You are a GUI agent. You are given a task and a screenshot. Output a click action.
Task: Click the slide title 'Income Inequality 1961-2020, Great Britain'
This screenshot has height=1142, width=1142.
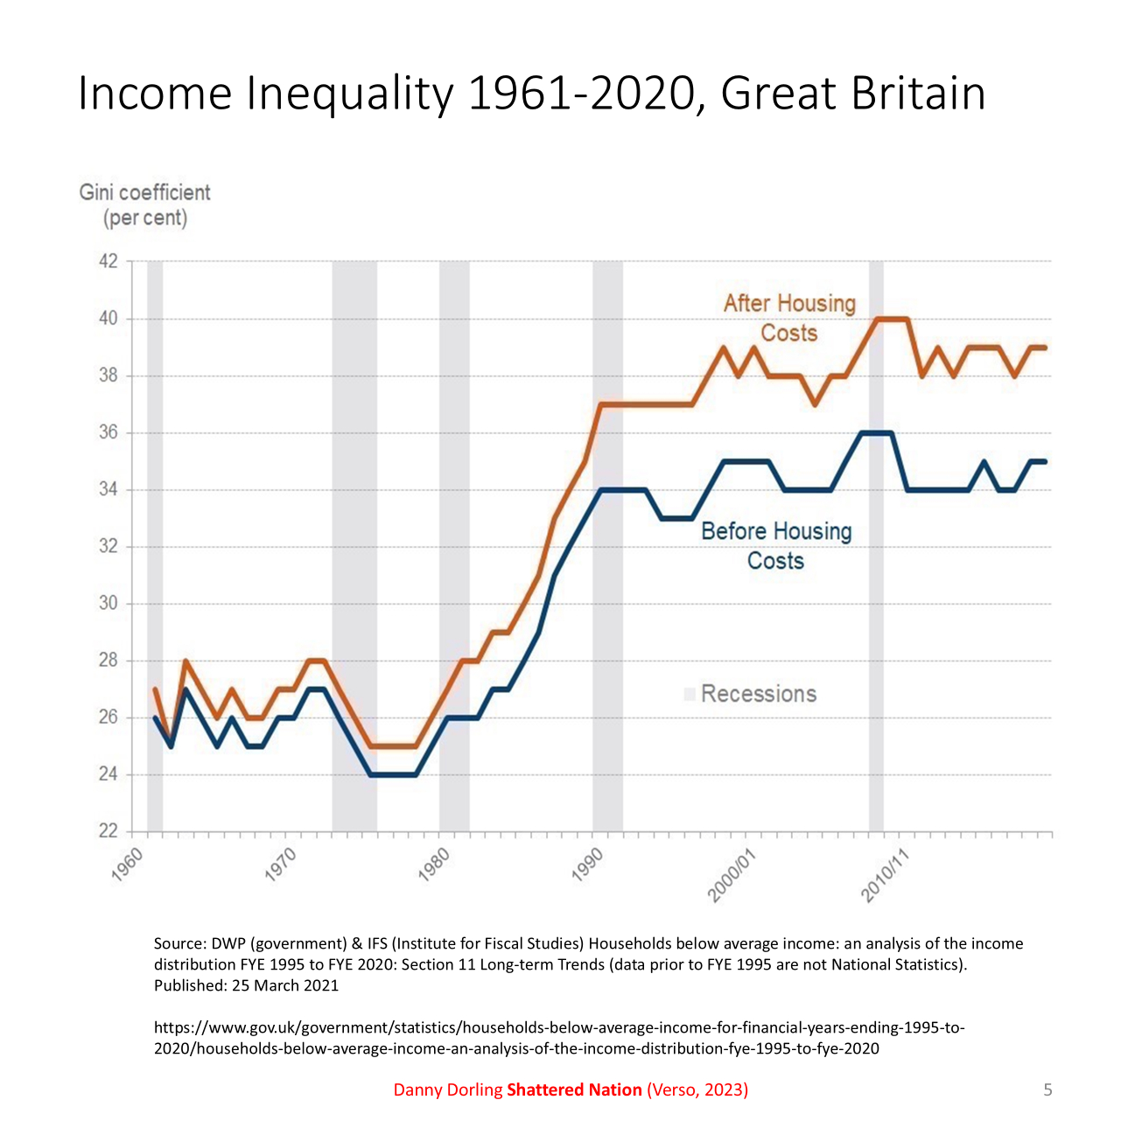click(x=531, y=94)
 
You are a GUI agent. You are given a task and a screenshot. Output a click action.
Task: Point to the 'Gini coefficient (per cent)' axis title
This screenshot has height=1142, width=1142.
click(x=145, y=205)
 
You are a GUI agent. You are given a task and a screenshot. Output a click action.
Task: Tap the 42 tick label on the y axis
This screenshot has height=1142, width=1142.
click(x=109, y=261)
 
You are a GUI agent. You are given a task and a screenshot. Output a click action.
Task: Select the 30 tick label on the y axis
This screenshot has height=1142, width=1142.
click(x=109, y=604)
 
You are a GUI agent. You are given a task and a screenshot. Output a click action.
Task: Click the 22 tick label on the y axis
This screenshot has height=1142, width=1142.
click(x=109, y=831)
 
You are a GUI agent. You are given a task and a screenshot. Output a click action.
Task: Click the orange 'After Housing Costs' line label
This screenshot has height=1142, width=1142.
click(x=789, y=318)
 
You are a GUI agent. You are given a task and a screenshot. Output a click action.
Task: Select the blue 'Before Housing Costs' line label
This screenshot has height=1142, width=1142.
click(x=776, y=545)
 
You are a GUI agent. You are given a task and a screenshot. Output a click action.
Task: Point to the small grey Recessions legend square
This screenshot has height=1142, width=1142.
click(x=690, y=694)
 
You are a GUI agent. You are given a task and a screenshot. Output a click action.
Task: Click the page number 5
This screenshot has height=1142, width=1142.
click(x=1047, y=1089)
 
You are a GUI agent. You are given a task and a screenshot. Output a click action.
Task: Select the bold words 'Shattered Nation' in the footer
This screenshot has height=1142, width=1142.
click(x=574, y=1089)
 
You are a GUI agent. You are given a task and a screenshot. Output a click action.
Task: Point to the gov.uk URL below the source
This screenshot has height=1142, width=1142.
click(x=560, y=1038)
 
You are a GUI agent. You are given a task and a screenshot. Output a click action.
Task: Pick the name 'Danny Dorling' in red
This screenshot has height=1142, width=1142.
click(x=448, y=1089)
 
